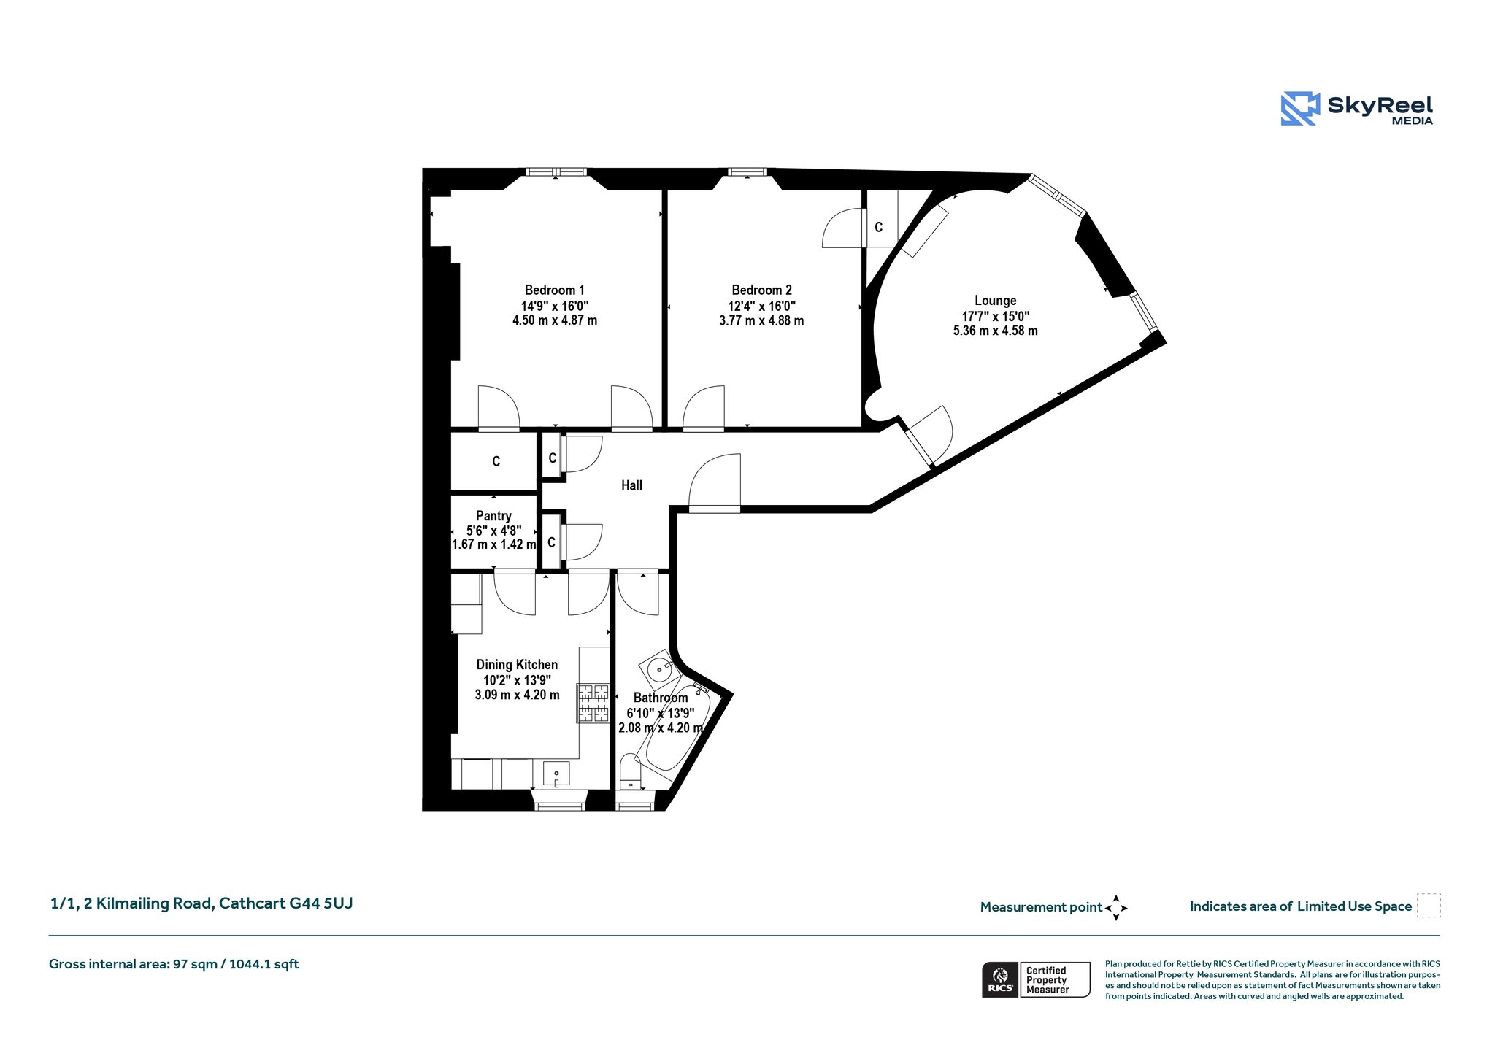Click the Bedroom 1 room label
pyautogui.click(x=554, y=290)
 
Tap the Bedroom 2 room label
pyautogui.click(x=761, y=290)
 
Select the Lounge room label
pyautogui.click(x=995, y=301)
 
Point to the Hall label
pyautogui.click(x=631, y=485)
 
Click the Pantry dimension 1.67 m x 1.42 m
pyautogui.click(x=494, y=544)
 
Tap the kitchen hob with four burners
pyautogui.click(x=593, y=703)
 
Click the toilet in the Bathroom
pyautogui.click(x=630, y=772)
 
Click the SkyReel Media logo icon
pyautogui.click(x=1300, y=109)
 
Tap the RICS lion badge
pyautogui.click(x=1000, y=979)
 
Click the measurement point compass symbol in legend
pyautogui.click(x=1116, y=908)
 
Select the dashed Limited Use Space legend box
pyautogui.click(x=1429, y=905)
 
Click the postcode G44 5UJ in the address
pyautogui.click(x=321, y=903)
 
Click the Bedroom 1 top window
pyautogui.click(x=556, y=172)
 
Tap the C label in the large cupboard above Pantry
pyautogui.click(x=496, y=461)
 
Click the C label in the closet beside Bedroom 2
pyautogui.click(x=878, y=227)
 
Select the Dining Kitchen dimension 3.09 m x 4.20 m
pyautogui.click(x=518, y=695)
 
